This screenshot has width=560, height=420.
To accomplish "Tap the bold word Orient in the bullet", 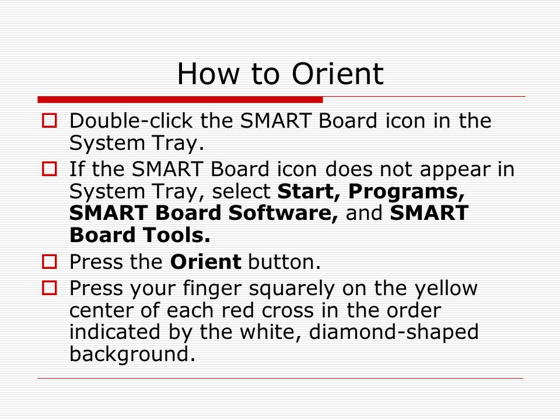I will coord(205,262).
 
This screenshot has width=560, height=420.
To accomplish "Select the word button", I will coord(285,262).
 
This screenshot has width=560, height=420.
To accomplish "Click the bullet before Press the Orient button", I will coord(50,263).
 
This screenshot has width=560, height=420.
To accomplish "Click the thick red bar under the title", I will coord(180,99).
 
